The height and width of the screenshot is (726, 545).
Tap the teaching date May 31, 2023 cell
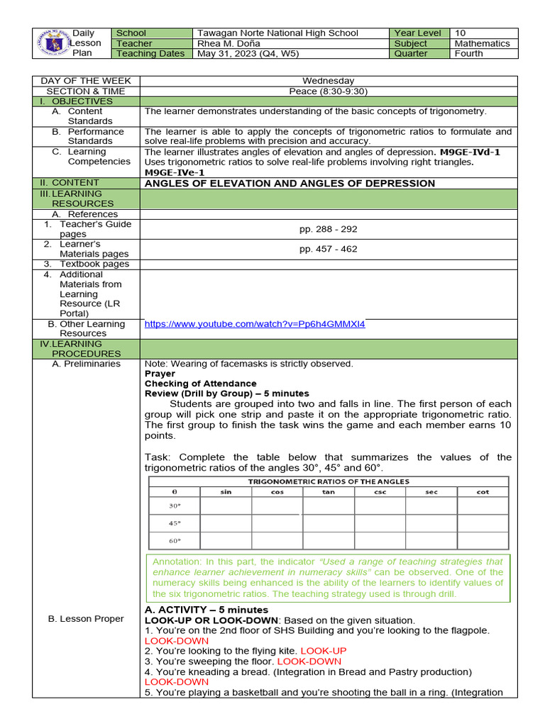click(248, 54)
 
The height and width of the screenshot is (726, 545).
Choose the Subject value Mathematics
click(482, 43)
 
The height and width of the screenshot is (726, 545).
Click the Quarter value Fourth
click(469, 54)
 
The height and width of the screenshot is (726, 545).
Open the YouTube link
click(255, 324)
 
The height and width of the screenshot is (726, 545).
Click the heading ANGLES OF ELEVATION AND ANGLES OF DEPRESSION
click(290, 184)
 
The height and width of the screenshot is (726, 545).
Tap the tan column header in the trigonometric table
click(328, 491)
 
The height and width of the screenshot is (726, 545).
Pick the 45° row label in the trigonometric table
click(175, 523)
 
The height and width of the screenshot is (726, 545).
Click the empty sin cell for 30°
click(226, 506)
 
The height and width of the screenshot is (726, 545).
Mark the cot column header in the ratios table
click(483, 491)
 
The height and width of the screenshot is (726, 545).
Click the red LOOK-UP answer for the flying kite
click(324, 651)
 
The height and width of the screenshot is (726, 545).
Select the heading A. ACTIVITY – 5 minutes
click(207, 610)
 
